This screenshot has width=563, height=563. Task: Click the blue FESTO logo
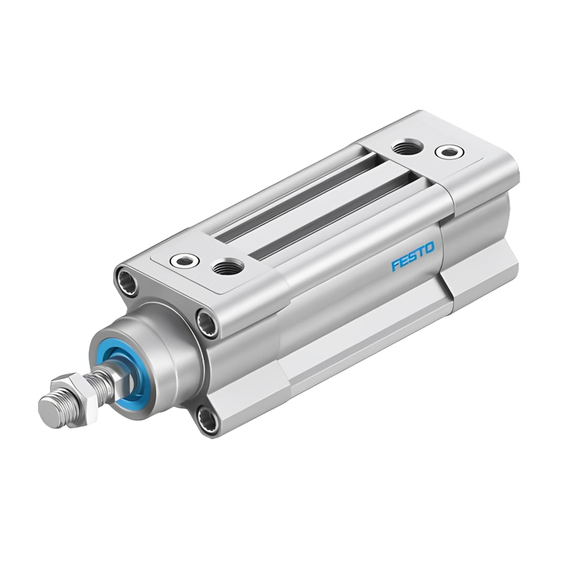click(x=413, y=255)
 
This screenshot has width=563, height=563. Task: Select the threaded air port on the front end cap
click(x=226, y=267)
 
